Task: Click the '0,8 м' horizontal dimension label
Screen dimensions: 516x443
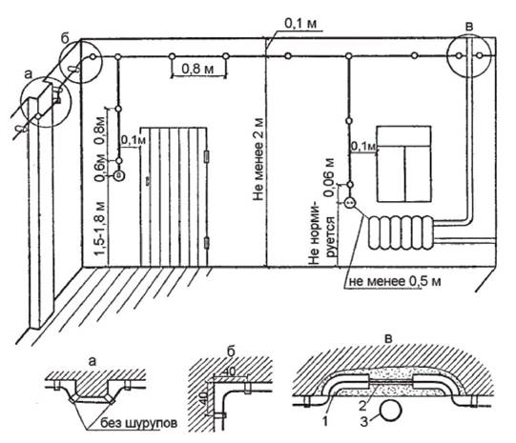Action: point(197,69)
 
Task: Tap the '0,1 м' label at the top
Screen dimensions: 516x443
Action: point(300,23)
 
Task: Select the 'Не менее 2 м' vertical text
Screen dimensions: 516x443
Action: point(259,159)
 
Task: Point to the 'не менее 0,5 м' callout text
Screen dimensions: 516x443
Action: point(395,281)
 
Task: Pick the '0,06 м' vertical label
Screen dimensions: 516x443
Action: point(329,177)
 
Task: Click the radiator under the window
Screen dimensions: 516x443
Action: point(401,232)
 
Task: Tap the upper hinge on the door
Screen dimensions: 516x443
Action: point(207,156)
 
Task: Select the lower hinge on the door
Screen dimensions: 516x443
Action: point(207,243)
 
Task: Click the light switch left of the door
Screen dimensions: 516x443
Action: point(119,176)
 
